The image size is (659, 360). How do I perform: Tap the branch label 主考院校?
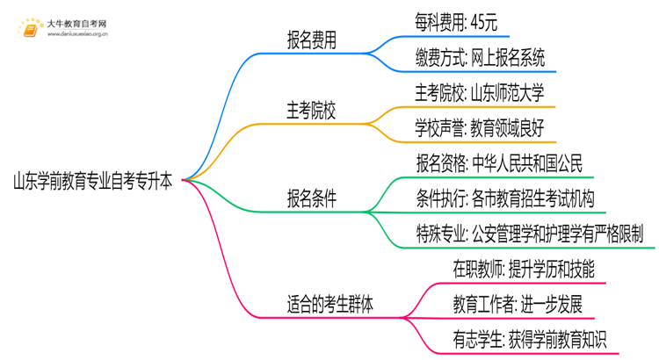pyautogui.click(x=315, y=111)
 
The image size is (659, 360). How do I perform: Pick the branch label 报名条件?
pyautogui.click(x=315, y=198)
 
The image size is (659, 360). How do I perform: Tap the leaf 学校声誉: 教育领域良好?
pyautogui.click(x=480, y=128)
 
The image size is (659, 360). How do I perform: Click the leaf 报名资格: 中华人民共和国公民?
pyautogui.click(x=498, y=163)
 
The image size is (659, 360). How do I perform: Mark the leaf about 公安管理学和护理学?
pyautogui.click(x=531, y=234)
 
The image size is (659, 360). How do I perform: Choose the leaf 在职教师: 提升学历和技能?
pyautogui.click(x=512, y=270)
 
